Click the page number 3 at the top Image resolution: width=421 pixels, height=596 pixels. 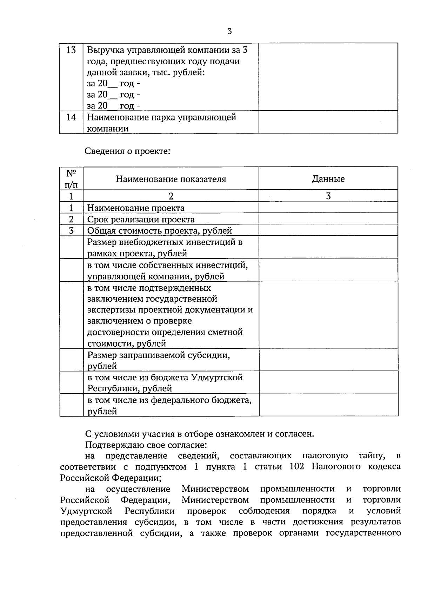point(229,31)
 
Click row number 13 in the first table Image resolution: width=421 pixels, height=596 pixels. point(71,50)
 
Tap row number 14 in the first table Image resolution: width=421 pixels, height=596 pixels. point(71,117)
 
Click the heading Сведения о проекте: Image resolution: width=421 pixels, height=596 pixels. point(128,151)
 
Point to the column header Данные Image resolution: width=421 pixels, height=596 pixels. point(328,179)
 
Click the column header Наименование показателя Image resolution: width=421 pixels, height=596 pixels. point(171,179)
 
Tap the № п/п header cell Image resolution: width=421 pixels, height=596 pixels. point(71,178)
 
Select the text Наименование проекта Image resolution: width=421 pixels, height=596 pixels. point(136,208)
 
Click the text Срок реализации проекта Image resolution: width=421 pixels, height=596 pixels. point(141,220)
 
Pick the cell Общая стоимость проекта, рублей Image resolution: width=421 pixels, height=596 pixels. point(160,231)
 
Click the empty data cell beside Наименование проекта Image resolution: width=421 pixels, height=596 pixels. point(328,208)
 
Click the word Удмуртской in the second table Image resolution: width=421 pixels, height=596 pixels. point(217,378)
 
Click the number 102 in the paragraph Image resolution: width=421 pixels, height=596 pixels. point(298,467)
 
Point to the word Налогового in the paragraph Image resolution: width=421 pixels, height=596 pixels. point(336,467)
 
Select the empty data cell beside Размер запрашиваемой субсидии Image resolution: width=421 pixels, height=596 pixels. point(328,360)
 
